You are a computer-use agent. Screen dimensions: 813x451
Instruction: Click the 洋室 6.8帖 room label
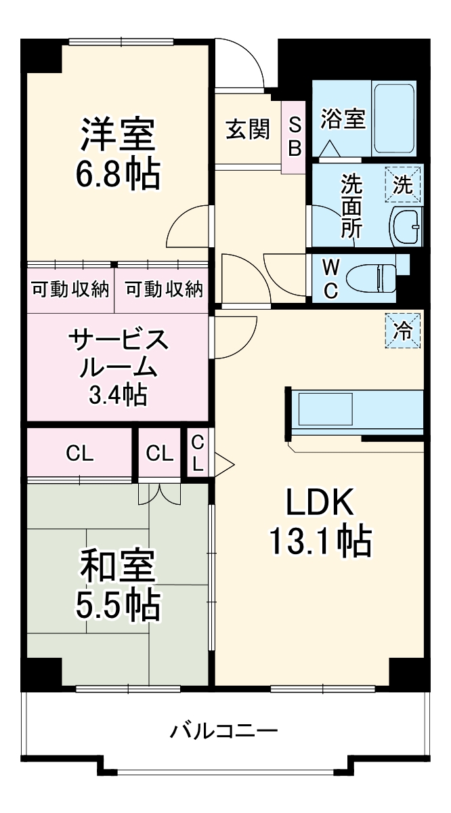(x=119, y=154)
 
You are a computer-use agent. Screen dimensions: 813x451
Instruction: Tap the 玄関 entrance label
(x=247, y=129)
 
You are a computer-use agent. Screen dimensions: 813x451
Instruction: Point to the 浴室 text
(x=343, y=119)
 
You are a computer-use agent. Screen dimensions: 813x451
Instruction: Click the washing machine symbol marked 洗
(x=404, y=185)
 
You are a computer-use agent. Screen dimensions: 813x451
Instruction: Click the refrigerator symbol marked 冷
(x=404, y=330)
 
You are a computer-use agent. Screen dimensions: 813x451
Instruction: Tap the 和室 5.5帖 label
(x=119, y=585)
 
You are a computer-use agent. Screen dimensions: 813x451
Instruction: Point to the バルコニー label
(x=224, y=732)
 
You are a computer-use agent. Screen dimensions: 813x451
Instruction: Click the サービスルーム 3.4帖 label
(x=118, y=366)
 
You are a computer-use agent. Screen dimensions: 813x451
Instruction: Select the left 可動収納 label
(x=70, y=289)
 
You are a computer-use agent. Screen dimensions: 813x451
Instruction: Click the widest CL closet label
(x=80, y=453)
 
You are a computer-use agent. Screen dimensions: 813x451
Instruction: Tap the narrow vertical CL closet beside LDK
(x=198, y=453)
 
